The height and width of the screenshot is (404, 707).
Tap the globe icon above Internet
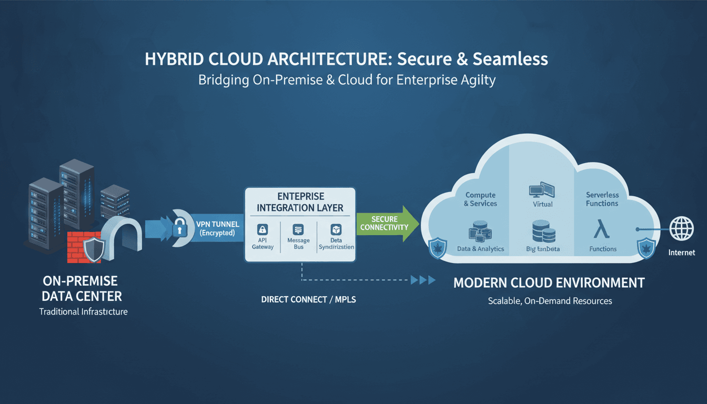[681, 229]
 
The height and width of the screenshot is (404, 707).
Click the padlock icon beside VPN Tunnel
[180, 228]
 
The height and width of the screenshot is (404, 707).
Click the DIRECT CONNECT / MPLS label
[309, 299]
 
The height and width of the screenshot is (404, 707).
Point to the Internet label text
[681, 252]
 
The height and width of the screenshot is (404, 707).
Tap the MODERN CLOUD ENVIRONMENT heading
[549, 282]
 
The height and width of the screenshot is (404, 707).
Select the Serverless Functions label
[602, 199]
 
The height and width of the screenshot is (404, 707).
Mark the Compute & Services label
[480, 199]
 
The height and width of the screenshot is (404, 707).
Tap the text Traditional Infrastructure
[83, 311]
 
